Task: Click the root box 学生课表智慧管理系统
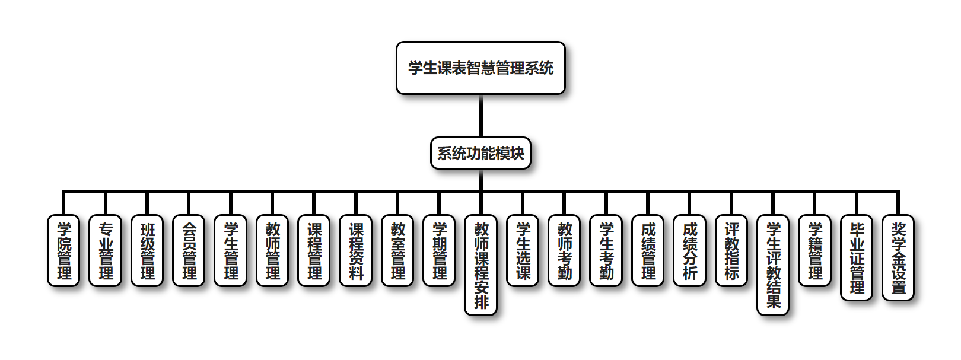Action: (x=480, y=68)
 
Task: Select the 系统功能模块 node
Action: (x=480, y=154)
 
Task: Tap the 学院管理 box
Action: (x=63, y=251)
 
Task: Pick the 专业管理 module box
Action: (x=106, y=251)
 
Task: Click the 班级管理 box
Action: (x=147, y=251)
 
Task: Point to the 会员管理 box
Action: (x=189, y=251)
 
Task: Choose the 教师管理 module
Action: (x=272, y=251)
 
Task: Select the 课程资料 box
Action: (x=356, y=251)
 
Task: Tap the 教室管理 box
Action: (x=397, y=251)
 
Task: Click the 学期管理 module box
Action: (x=440, y=251)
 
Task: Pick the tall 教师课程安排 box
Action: (x=481, y=265)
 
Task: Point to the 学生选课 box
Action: (x=523, y=251)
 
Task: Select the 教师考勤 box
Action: (x=565, y=251)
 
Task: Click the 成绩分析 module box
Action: (x=690, y=251)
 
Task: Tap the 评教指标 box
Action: (x=731, y=251)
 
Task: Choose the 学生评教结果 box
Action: (x=773, y=265)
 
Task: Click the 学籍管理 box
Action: (x=815, y=251)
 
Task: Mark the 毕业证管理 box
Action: (x=857, y=258)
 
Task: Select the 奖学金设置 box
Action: (x=898, y=258)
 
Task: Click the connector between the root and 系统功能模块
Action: (x=480, y=116)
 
